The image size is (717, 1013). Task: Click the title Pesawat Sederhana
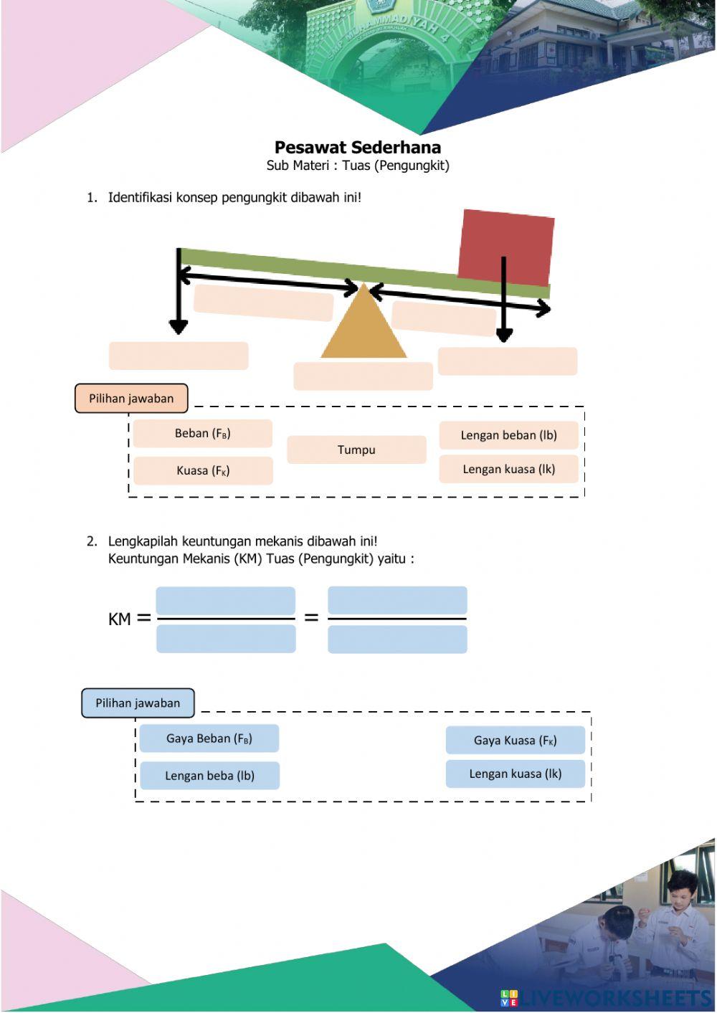click(357, 148)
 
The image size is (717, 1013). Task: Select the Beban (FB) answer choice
click(202, 433)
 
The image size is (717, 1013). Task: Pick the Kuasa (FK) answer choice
click(203, 470)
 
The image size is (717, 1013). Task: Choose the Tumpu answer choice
click(356, 450)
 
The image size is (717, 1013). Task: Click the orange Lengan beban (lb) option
click(508, 435)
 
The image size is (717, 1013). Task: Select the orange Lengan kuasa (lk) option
click(508, 469)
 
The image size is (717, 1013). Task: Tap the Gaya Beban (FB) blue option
click(209, 738)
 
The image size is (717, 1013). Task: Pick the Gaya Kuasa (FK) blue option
click(515, 741)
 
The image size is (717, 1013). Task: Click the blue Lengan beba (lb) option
click(209, 776)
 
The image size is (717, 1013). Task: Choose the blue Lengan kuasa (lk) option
click(515, 774)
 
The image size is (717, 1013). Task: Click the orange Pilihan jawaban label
click(131, 399)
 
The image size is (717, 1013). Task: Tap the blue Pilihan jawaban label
click(138, 703)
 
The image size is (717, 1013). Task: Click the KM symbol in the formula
click(120, 619)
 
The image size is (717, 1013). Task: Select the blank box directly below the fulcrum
click(363, 376)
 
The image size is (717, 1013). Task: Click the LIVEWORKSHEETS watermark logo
click(605, 997)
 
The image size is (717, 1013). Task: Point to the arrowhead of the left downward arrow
click(179, 327)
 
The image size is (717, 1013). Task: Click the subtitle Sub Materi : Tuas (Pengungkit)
click(357, 166)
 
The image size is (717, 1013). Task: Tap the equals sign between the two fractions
click(311, 617)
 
